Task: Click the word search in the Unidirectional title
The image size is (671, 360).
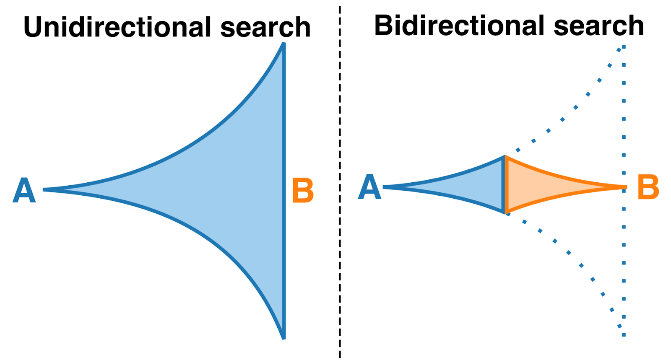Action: [x=265, y=27]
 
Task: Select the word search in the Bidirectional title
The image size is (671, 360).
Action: [x=598, y=26]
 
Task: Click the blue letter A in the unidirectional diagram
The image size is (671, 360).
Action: [x=24, y=190]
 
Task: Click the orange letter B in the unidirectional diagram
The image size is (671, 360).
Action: [x=303, y=191]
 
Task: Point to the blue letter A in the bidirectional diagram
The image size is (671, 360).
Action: [x=369, y=187]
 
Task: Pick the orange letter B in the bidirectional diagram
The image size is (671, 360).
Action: [x=648, y=187]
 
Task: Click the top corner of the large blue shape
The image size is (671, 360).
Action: [x=283, y=44]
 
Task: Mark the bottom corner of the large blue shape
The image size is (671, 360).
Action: [x=283, y=337]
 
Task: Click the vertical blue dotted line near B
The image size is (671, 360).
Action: [x=624, y=263]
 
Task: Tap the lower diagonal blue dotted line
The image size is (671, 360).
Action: [x=569, y=253]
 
